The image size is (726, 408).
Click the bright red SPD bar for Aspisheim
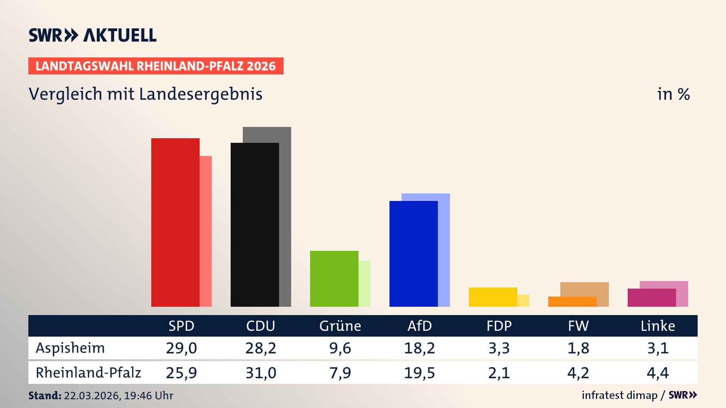(x=175, y=223)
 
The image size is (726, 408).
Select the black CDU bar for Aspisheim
(x=254, y=225)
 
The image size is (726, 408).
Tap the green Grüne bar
(x=334, y=279)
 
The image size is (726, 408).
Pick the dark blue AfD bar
(x=413, y=254)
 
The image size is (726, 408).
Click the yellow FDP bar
(x=493, y=297)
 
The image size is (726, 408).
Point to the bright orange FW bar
(x=572, y=302)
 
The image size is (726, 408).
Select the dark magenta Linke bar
(x=652, y=298)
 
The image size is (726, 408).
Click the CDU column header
(x=261, y=326)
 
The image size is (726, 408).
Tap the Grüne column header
(x=340, y=326)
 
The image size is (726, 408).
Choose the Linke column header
(x=658, y=326)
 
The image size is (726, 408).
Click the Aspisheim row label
(x=70, y=348)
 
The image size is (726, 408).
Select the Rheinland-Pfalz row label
(x=88, y=372)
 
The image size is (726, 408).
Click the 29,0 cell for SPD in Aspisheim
(x=181, y=348)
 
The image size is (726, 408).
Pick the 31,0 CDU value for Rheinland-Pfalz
(x=261, y=373)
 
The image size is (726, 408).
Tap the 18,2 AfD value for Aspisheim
(x=419, y=348)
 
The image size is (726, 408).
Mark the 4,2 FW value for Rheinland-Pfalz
(x=578, y=373)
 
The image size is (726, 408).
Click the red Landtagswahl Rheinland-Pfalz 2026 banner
(x=156, y=66)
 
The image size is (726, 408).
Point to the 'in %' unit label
(x=673, y=94)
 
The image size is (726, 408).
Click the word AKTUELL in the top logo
(x=119, y=35)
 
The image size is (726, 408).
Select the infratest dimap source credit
(x=619, y=395)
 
